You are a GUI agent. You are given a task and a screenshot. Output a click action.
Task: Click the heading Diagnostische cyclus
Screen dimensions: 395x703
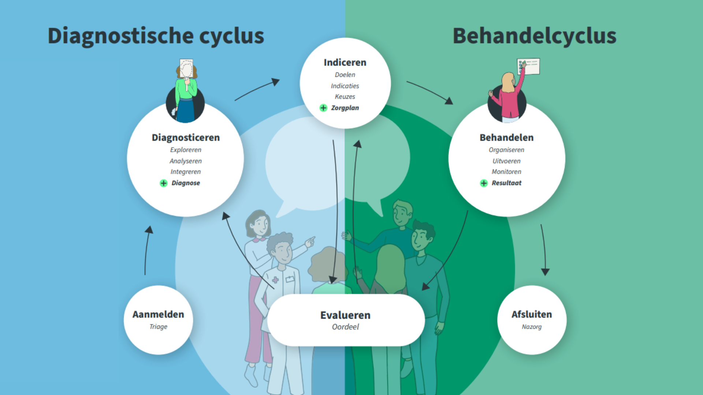click(156, 36)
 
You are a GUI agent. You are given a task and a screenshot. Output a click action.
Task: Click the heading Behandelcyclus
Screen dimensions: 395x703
click(534, 36)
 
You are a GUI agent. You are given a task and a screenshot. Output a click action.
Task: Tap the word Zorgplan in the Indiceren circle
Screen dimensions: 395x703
click(345, 108)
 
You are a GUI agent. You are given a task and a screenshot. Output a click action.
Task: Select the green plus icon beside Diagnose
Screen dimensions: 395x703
click(164, 183)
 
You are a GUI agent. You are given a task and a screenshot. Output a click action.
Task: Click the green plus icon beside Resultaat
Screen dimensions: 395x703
click(484, 183)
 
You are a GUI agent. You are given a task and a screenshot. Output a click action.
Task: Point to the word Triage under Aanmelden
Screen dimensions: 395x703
click(158, 327)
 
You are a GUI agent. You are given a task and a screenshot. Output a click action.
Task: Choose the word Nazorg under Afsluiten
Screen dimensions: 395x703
click(532, 327)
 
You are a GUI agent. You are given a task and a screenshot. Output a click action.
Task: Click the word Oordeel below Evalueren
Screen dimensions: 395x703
click(345, 327)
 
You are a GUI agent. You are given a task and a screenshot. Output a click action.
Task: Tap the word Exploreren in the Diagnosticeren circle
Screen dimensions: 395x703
click(186, 150)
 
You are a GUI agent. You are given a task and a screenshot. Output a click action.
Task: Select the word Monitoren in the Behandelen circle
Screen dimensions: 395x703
click(506, 172)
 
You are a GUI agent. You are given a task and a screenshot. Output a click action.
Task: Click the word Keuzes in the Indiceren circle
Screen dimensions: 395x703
click(345, 97)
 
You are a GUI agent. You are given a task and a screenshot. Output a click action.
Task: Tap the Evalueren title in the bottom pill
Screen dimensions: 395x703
click(345, 315)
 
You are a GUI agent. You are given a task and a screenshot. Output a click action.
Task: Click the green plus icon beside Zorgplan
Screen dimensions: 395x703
click(323, 108)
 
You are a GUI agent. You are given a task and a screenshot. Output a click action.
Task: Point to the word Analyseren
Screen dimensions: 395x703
click(186, 161)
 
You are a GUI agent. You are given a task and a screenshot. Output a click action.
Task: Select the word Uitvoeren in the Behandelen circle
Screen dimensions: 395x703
click(506, 161)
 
